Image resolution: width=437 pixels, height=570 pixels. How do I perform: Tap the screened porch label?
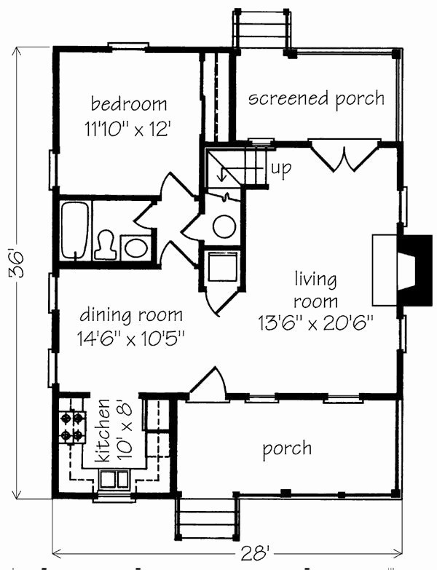point(316,99)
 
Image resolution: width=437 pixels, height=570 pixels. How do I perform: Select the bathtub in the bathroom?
point(75,230)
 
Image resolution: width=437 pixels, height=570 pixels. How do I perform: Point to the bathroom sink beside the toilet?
point(135,247)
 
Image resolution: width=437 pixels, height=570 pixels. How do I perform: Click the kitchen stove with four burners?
point(71,427)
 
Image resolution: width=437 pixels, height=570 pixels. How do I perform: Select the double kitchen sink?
point(114,480)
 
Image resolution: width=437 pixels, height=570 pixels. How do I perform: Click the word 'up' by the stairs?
point(280,168)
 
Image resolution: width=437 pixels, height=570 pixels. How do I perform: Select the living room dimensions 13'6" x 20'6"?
point(315,321)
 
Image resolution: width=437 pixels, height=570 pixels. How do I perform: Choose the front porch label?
point(287,448)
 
